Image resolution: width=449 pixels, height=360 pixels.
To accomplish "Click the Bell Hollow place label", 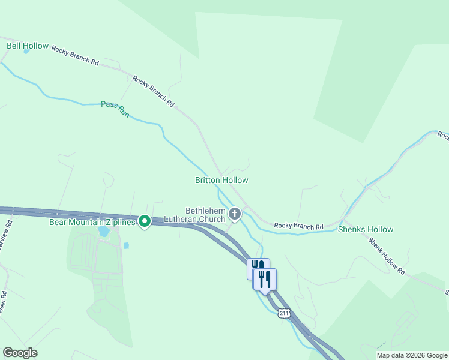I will tap(27, 46).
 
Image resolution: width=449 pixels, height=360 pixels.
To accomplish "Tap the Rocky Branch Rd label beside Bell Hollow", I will tap(75, 55).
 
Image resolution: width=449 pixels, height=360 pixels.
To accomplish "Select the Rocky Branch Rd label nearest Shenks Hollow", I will tap(298, 226).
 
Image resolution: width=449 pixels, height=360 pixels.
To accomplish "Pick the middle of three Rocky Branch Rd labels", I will tap(153, 91).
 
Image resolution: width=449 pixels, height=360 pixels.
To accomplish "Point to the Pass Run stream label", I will tap(115, 109).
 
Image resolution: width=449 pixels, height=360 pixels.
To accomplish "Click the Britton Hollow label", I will tap(221, 180).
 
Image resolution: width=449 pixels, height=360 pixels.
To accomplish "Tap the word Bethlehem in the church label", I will tap(205, 211).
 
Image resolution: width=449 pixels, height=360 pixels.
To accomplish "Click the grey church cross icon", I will tap(235, 214).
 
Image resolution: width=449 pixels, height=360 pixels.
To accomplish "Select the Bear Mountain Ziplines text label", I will tap(92, 222).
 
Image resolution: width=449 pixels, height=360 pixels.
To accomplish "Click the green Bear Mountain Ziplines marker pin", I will tap(145, 222).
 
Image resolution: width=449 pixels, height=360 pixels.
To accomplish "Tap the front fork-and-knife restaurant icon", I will tap(265, 278).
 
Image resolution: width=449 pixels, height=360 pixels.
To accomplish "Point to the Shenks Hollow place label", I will tap(366, 229).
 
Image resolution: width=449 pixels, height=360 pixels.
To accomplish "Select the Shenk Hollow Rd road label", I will tap(387, 256).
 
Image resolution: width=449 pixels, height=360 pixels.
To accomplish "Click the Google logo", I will tap(20, 353).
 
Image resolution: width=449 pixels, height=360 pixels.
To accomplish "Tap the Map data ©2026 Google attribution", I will tap(412, 355).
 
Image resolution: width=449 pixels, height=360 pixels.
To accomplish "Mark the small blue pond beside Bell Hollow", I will tap(26, 52).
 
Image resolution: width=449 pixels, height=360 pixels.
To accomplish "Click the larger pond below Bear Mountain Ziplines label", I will tap(104, 231).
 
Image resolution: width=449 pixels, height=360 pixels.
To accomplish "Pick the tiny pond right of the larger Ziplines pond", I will tap(127, 245).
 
